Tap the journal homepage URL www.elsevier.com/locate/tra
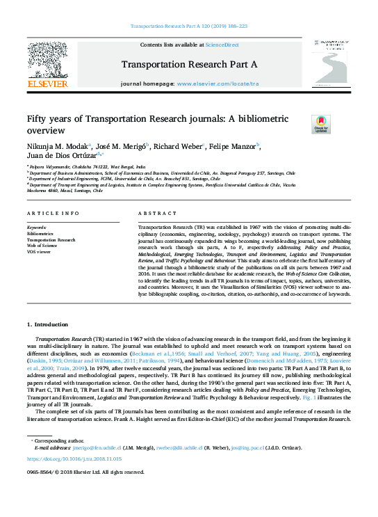click(217, 83)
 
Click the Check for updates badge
click(302, 124)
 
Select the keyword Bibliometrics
click(41, 234)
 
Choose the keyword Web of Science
click(42, 245)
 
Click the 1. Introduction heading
click(48, 325)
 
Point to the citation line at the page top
click(188, 26)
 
